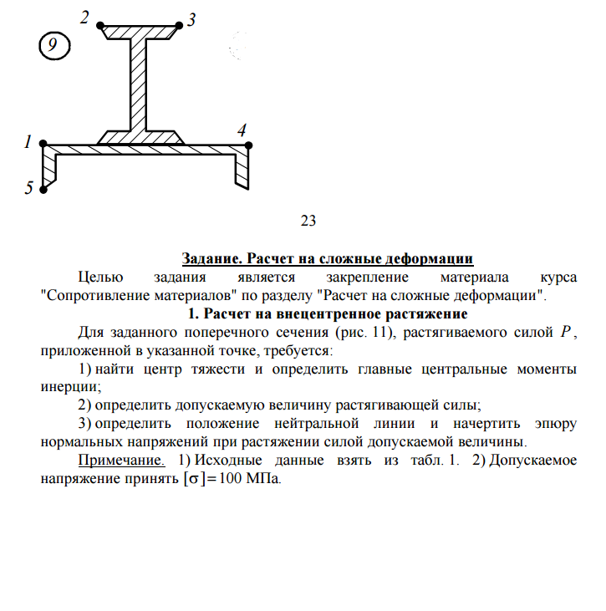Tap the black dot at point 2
tap(101, 27)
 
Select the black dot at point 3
tap(180, 27)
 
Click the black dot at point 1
tap(43, 145)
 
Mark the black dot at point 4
tap(249, 145)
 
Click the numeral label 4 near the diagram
tap(242, 130)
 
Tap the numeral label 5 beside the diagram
tap(28, 189)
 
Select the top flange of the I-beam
tap(140, 32)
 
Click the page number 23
tap(308, 221)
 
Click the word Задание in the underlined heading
tap(213, 258)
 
